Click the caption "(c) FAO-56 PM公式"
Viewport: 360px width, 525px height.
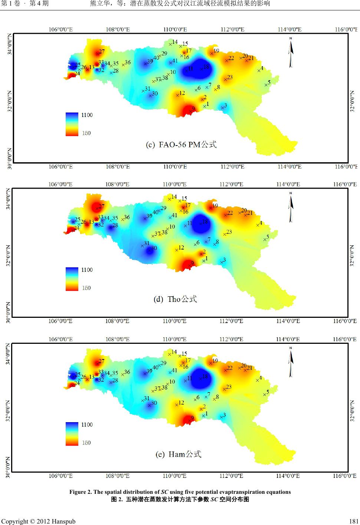pyautogui.click(x=180, y=144)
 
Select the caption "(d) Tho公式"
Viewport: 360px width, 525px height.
pyautogui.click(x=175, y=299)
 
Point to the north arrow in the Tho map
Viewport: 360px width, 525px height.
pyautogui.click(x=291, y=202)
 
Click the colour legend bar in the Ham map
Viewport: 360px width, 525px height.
pyautogui.click(x=72, y=433)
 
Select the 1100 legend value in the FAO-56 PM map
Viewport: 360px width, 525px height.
pyautogui.click(x=87, y=115)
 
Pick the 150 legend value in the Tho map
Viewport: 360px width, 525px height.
pyautogui.click(x=86, y=288)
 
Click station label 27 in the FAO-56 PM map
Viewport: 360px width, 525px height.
pyautogui.click(x=102, y=52)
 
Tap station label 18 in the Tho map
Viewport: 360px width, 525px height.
pyautogui.click(x=206, y=221)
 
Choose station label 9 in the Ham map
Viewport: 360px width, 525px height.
pyautogui.click(x=192, y=418)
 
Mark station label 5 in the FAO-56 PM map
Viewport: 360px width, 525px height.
pyautogui.click(x=269, y=82)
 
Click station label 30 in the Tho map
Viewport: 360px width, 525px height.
pyautogui.click(x=154, y=248)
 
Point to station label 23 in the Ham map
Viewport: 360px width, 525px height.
pyautogui.click(x=229, y=387)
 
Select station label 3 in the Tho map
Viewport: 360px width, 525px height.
pyautogui.click(x=224, y=260)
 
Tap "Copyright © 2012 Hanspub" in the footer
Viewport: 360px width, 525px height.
pyautogui.click(x=39, y=521)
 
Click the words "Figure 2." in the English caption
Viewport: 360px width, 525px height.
pyautogui.click(x=80, y=492)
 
